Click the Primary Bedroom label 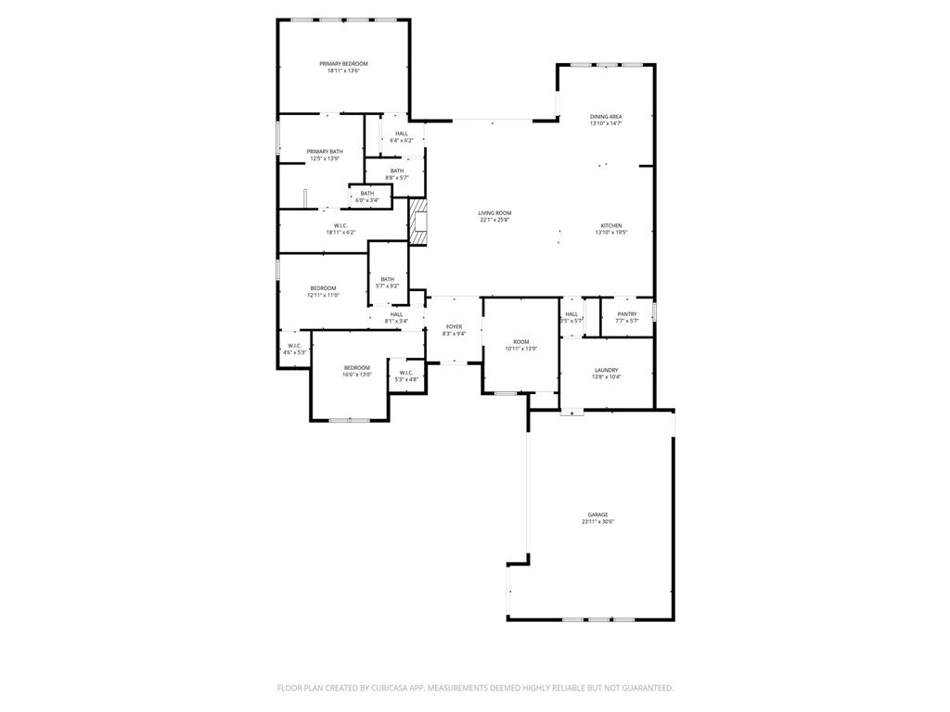[343, 64]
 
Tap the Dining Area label [606, 117]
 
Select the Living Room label [495, 213]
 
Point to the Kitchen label [611, 226]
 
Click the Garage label [597, 515]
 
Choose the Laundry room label [607, 370]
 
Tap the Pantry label [627, 313]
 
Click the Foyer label [454, 326]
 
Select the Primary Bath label [325, 151]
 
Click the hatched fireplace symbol [419, 222]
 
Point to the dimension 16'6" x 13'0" [357, 375]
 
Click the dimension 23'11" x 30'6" [597, 522]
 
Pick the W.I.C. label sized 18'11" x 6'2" [340, 225]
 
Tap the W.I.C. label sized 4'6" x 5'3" [295, 346]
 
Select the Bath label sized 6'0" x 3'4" [367, 193]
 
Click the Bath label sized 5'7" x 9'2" [387, 279]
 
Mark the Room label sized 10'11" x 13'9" [520, 342]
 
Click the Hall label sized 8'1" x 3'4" [396, 314]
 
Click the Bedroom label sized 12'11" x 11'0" [323, 288]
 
